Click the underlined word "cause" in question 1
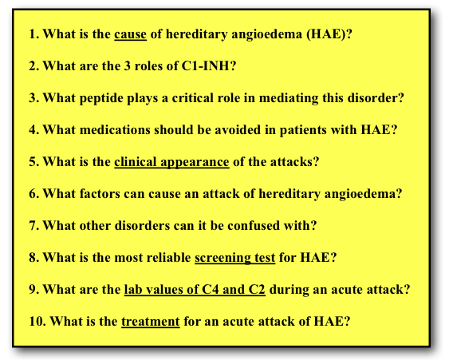[x=130, y=34]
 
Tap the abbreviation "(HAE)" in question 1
[x=326, y=34]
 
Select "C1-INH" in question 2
[x=205, y=66]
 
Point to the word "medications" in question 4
[x=115, y=130]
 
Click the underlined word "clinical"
[x=136, y=161]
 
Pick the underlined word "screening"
[x=223, y=258]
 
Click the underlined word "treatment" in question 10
[x=151, y=322]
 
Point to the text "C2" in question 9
[x=257, y=290]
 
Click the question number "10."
[x=37, y=322]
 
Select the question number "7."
[x=34, y=226]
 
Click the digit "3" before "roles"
[x=128, y=66]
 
